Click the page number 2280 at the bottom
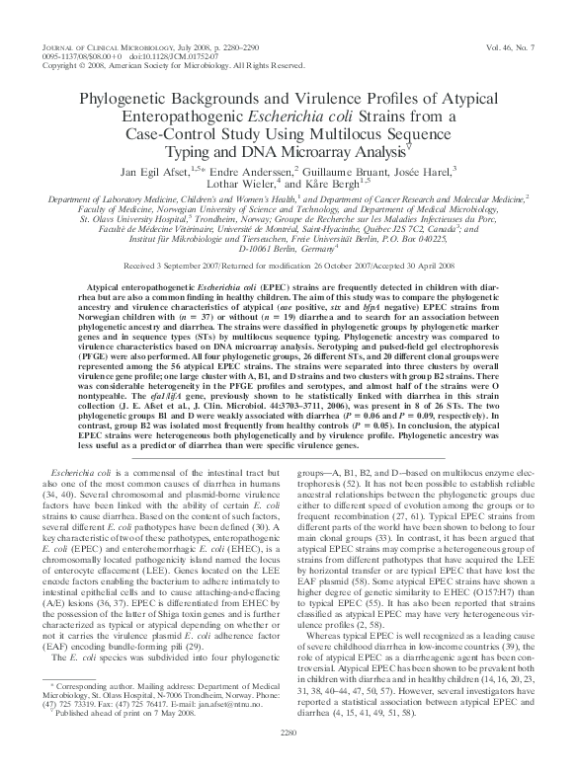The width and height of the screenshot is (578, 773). click(x=288, y=757)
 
